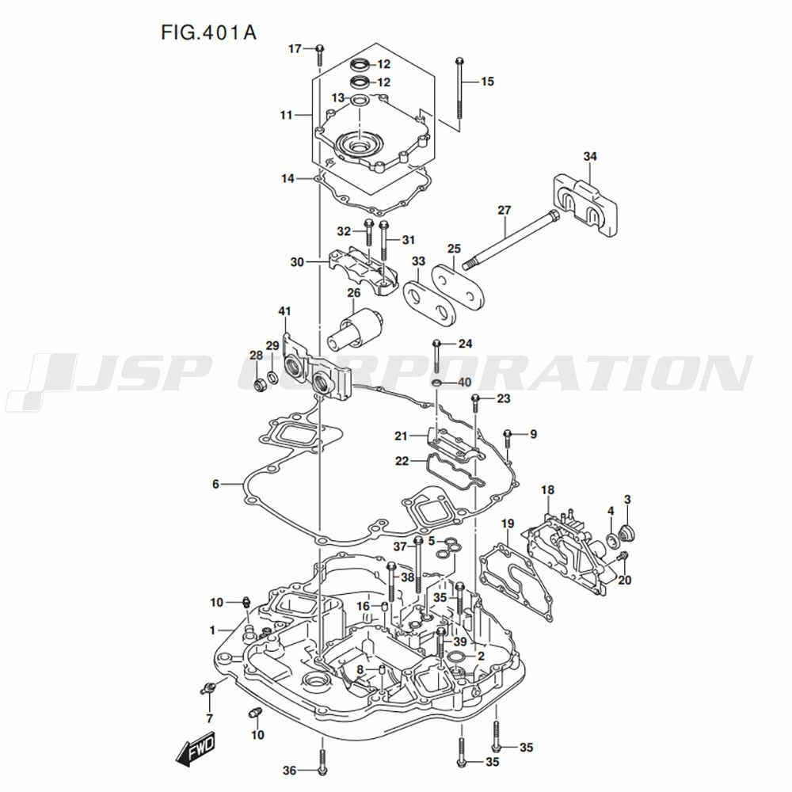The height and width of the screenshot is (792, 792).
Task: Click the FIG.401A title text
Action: (208, 32)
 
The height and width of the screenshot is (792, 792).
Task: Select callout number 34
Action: (590, 157)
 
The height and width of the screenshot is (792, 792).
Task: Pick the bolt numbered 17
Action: (320, 55)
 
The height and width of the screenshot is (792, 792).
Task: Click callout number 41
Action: (285, 310)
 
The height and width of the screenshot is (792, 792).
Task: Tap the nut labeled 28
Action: (259, 386)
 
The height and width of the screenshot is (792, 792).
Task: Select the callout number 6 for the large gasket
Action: (215, 485)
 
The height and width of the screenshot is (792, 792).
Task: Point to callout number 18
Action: (547, 489)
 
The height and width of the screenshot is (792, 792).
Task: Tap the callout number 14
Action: (287, 178)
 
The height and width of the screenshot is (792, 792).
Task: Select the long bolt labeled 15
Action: (459, 88)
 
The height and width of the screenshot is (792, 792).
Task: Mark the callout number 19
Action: (508, 524)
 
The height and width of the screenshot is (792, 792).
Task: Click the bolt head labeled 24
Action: (437, 344)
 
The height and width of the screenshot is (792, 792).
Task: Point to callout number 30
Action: (297, 262)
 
